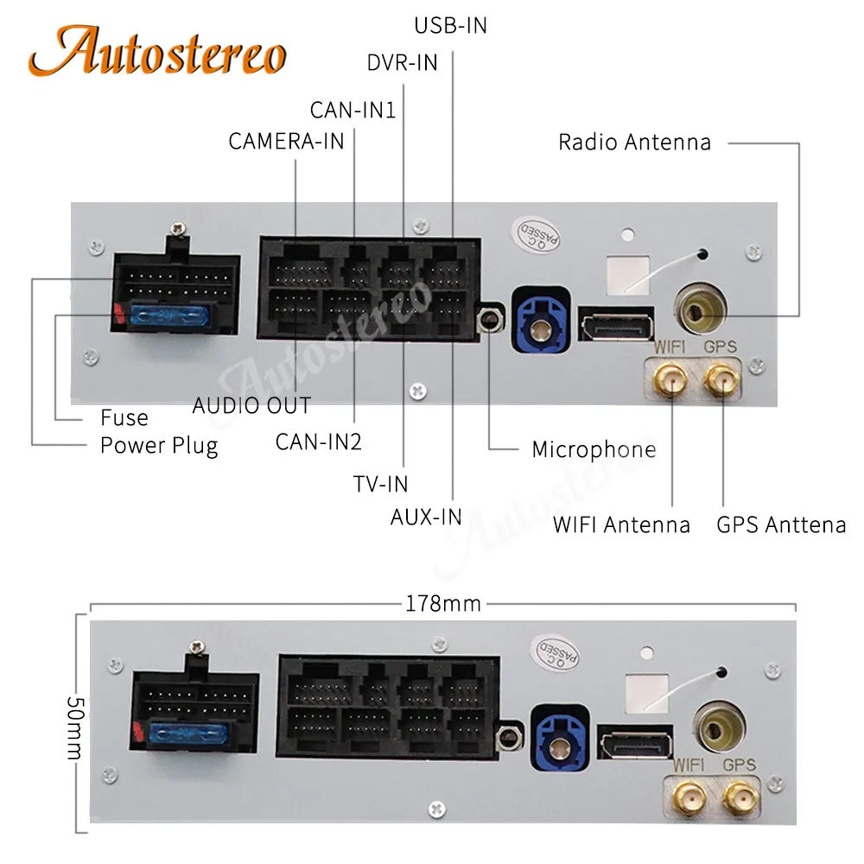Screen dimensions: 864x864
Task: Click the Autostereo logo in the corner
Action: pos(157,51)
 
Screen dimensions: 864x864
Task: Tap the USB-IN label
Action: pos(451,26)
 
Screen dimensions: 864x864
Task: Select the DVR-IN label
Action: pos(403,63)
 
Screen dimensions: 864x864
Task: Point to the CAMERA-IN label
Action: pos(286,142)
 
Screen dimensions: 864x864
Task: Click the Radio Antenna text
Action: pos(634,143)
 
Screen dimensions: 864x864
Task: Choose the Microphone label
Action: pos(594,449)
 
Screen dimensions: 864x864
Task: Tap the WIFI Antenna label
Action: pos(621,524)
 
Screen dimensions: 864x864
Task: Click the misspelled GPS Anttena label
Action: pos(781,524)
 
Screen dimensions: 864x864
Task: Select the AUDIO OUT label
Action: pos(251,406)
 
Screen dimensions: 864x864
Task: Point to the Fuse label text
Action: pos(124,417)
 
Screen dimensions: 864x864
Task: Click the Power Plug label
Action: pos(159,446)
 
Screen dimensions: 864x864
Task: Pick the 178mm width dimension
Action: pos(443,604)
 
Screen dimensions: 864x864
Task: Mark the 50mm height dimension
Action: pos(75,727)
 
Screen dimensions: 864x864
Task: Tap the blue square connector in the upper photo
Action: pos(541,321)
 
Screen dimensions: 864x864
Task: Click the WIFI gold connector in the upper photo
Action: pos(670,379)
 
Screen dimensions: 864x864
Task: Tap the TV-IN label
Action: pos(381,485)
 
